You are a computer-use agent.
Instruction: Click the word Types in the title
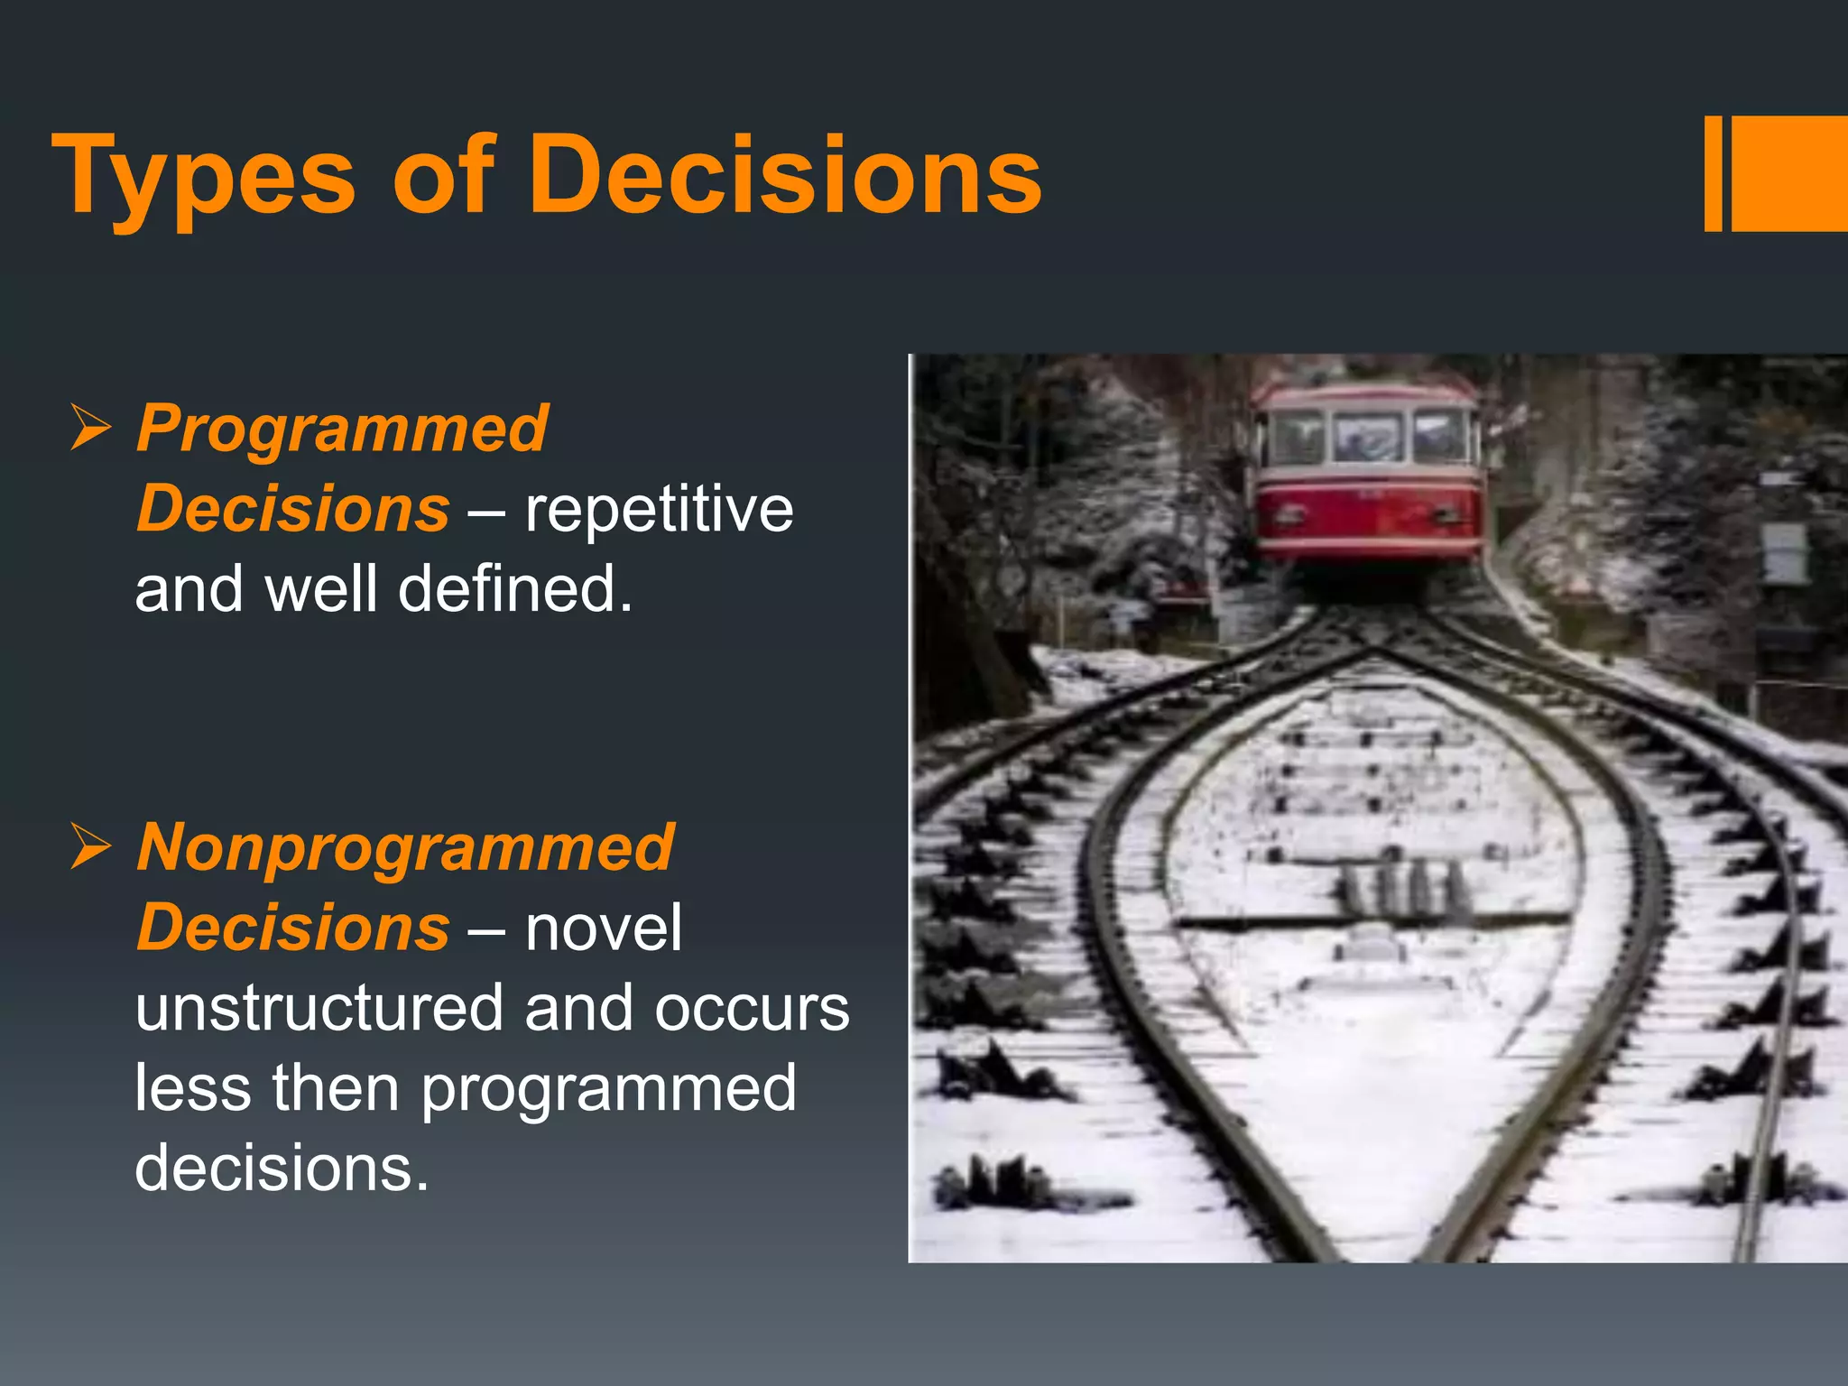[x=203, y=176]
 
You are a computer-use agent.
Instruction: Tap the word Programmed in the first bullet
[x=342, y=428]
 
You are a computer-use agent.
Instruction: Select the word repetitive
[x=659, y=509]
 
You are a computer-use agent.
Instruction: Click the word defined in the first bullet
[x=514, y=589]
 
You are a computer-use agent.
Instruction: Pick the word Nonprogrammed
[x=405, y=847]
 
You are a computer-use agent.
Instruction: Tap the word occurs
[x=752, y=1008]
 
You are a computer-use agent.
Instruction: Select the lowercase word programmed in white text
[x=609, y=1089]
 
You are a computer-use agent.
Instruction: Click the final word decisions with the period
[x=282, y=1168]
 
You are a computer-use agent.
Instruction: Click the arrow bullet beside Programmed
[x=90, y=428]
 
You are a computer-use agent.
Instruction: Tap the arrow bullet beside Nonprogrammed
[x=90, y=847]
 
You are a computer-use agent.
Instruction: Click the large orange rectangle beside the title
[x=1788, y=173]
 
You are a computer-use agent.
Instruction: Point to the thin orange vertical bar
[x=1713, y=173]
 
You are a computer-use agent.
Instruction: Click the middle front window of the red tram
[x=1368, y=437]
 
